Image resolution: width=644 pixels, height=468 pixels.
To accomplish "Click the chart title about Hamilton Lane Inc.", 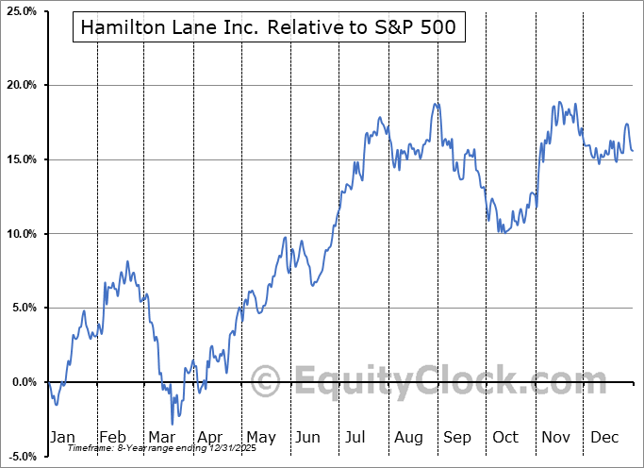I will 268,28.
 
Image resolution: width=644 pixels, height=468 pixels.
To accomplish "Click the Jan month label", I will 61,437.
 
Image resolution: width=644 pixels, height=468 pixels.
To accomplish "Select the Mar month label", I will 161,437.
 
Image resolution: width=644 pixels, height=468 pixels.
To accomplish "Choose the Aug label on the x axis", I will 408,437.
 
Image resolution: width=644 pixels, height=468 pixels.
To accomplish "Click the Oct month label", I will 506,437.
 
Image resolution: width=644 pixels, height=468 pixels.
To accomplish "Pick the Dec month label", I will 605,437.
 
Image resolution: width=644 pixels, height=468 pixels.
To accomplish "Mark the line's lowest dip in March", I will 173,423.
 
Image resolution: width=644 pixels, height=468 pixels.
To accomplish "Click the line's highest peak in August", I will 436,104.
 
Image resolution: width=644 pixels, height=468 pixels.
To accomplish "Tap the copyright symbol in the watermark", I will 267,382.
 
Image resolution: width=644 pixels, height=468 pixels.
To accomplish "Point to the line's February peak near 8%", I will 127,261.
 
